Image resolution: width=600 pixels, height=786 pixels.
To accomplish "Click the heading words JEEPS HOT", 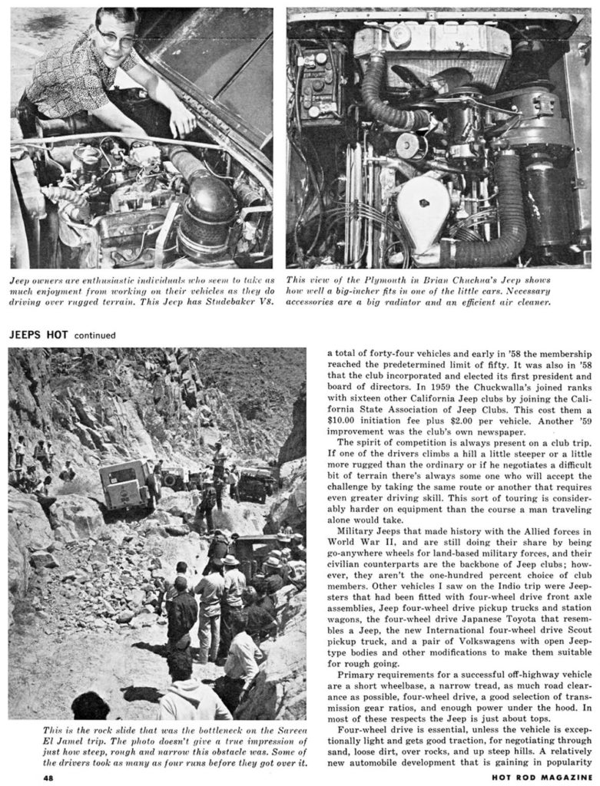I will click(x=38, y=335).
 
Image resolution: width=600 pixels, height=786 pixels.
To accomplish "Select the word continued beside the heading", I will click(x=95, y=335).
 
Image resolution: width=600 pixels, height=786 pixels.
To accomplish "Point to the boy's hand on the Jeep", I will click(x=183, y=121).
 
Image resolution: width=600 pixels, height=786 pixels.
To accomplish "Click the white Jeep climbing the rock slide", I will click(x=124, y=485).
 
